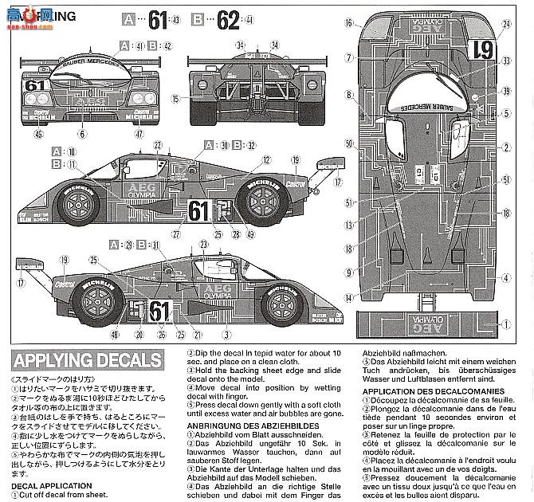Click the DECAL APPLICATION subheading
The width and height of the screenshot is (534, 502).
[55, 480]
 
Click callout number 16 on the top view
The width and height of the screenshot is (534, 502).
[348, 23]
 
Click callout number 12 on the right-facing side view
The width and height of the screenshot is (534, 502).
[261, 159]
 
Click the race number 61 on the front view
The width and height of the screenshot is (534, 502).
[33, 84]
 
